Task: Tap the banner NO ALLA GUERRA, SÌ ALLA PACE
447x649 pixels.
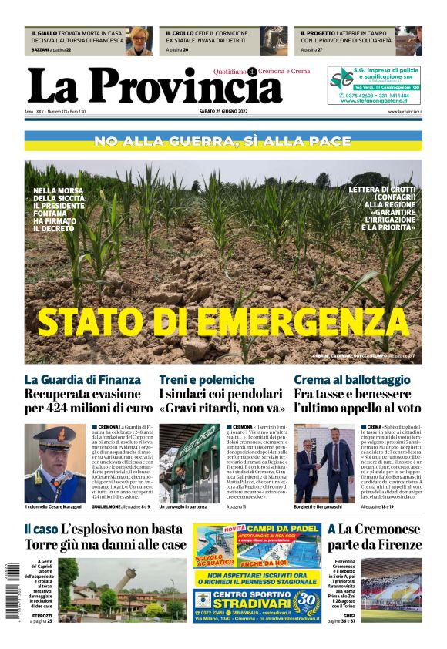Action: point(223,141)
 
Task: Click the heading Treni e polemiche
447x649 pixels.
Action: point(207,380)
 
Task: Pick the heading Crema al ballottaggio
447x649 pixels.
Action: point(352,380)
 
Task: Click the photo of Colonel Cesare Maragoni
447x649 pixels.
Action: point(55,462)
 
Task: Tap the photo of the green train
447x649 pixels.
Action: point(190,462)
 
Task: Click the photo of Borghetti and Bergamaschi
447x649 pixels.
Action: point(324,462)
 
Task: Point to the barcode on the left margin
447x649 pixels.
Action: point(10,601)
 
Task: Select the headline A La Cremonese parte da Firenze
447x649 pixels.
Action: point(375,537)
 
